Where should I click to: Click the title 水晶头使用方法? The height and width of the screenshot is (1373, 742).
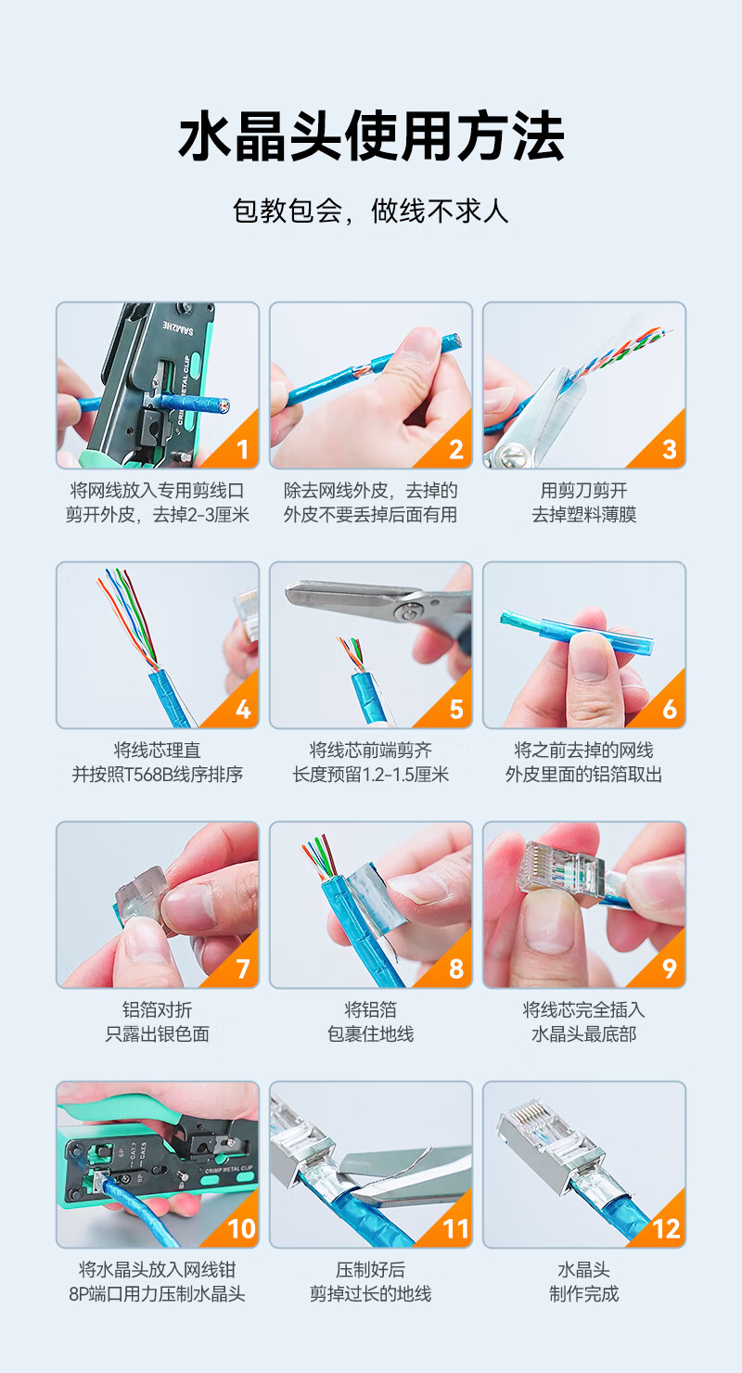pyautogui.click(x=371, y=136)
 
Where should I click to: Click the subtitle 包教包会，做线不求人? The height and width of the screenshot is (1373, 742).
pyautogui.click(x=371, y=212)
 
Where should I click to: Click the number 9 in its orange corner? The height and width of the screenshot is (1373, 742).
pyautogui.click(x=669, y=969)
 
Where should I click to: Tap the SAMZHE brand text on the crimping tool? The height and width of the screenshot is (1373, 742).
pyautogui.click(x=178, y=327)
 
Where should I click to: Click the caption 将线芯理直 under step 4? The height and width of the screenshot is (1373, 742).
pyautogui.click(x=158, y=750)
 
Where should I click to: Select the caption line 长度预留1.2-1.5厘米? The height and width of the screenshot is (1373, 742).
pyautogui.click(x=371, y=774)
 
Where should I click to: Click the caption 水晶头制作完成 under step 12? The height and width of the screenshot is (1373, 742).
pyautogui.click(x=584, y=1282)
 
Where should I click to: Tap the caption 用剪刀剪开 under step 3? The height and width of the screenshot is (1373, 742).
pyautogui.click(x=584, y=491)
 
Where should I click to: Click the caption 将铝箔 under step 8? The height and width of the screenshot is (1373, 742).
pyautogui.click(x=371, y=1009)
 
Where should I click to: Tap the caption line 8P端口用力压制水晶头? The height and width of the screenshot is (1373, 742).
pyautogui.click(x=158, y=1294)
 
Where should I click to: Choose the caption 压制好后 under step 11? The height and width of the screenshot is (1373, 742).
pyautogui.click(x=371, y=1269)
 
